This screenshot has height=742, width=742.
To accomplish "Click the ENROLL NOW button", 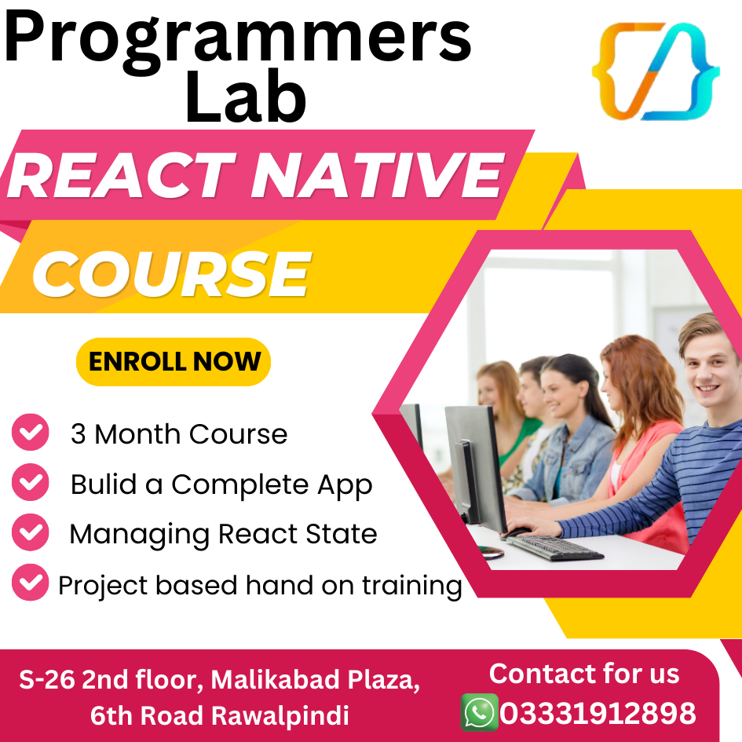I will point(174,362).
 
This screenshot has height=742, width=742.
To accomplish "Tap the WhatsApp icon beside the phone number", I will point(479,713).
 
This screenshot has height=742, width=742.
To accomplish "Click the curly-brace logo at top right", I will point(655,71).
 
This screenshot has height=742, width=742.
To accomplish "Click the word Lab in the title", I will point(246,97).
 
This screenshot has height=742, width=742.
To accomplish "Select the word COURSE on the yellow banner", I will point(171,275).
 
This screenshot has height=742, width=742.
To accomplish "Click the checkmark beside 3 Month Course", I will point(31,433).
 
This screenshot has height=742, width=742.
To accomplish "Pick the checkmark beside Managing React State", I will point(31,533).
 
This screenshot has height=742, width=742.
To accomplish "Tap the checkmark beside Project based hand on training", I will point(31,583).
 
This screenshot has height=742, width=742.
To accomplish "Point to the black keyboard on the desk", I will point(554,547).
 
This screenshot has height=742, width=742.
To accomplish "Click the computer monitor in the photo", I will point(474,463).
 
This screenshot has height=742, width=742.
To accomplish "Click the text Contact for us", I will point(584,674).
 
